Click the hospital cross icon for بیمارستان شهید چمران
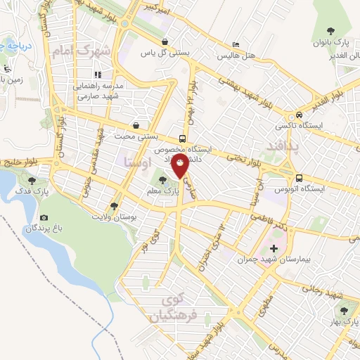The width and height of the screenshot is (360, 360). pos(274,247)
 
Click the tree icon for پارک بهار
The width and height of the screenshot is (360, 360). pos(344,309)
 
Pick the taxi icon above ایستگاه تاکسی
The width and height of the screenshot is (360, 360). pos(300,115)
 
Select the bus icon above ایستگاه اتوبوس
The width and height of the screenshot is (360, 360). pos(300,178)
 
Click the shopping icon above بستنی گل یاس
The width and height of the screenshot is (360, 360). pos(165,41)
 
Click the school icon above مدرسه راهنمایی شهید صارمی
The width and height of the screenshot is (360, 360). pos(97,74)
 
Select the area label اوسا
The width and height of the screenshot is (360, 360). pos(136,162)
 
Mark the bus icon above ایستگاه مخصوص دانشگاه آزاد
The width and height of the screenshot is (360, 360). pos(182,138)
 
